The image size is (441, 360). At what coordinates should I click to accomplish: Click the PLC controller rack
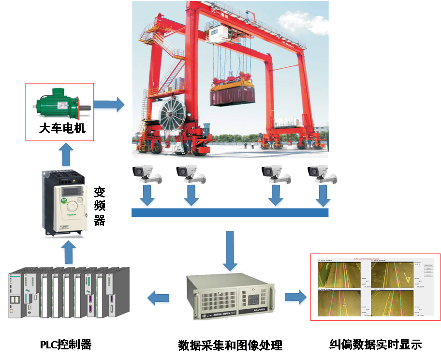65,292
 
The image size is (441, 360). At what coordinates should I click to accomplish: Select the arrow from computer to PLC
159,298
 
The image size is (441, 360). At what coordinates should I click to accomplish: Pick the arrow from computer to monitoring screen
295,298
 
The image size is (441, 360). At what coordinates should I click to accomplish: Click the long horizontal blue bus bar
230,212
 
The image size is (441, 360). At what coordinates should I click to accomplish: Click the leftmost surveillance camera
147,173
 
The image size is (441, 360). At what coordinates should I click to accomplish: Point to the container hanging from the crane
232,93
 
